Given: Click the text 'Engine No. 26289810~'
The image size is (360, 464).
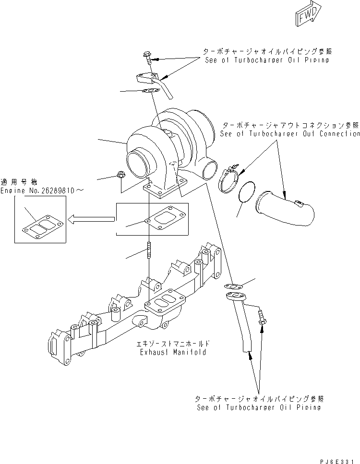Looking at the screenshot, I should coord(42,190).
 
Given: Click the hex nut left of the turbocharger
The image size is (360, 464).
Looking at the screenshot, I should coord(121,177).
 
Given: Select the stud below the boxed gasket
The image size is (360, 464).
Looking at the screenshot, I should coord(149,251).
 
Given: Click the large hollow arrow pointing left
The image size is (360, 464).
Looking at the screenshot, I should coord(90,219).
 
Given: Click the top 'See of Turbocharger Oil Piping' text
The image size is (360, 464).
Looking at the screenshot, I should coord(267,60).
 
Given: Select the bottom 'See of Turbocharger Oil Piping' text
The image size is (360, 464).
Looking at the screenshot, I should coord(258,407).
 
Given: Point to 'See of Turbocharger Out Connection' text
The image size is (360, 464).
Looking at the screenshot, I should coord(289,134).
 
